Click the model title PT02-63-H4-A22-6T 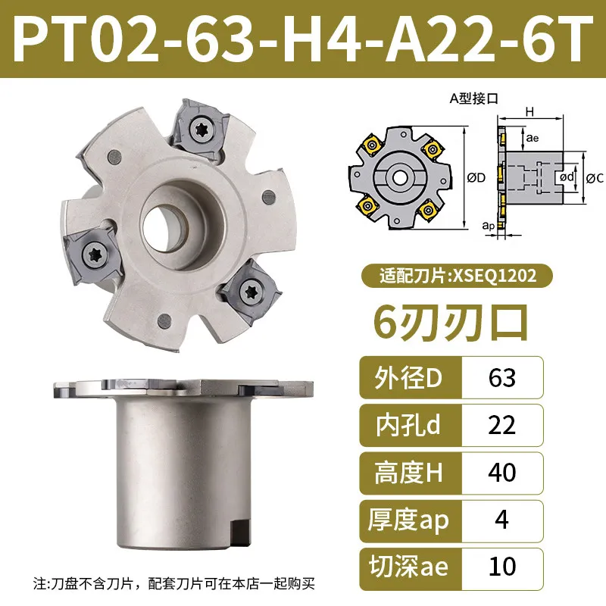[303, 38]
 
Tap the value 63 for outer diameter [501, 378]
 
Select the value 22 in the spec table [501, 425]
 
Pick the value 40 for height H [501, 472]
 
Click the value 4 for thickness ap [501, 520]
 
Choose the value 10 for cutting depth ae [501, 567]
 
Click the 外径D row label [408, 378]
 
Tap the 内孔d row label [408, 425]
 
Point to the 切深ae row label [408, 567]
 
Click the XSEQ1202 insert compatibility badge [458, 276]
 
